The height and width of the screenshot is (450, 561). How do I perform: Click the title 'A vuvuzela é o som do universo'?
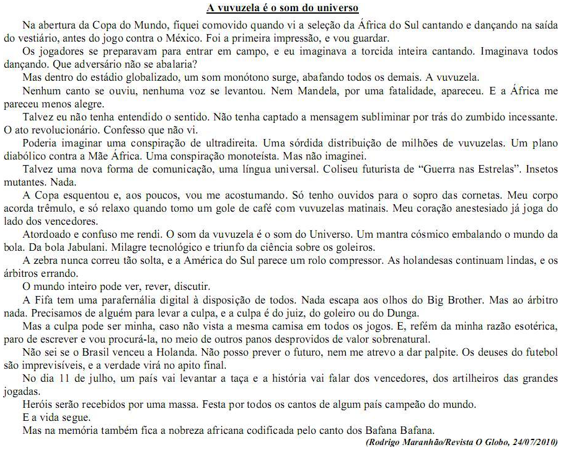point(283,8)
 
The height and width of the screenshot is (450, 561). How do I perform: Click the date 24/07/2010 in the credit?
point(535,441)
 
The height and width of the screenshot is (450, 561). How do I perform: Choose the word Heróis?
point(38,404)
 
